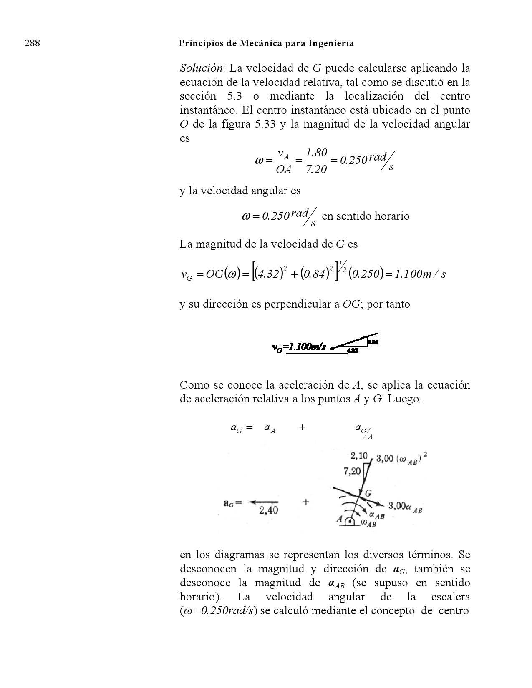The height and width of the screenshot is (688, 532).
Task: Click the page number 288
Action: point(33,43)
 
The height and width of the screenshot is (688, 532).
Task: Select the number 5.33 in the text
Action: point(264,124)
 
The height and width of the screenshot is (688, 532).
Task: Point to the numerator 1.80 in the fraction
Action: point(316,153)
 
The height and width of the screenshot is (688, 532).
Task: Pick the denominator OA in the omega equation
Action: point(284,170)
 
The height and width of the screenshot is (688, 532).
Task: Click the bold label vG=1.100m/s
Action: point(298,347)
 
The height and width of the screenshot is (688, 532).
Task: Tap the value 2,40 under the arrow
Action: point(268,510)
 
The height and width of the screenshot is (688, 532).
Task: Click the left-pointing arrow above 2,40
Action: point(263,502)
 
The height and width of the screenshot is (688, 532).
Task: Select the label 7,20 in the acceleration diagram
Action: point(352,472)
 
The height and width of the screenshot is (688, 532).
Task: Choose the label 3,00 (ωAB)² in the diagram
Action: point(401,459)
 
